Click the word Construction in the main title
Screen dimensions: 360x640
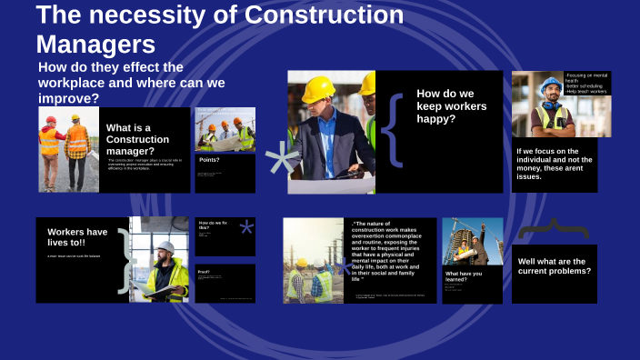pyautogui.click(x=325, y=15)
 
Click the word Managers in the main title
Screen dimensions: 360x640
pyautogui.click(x=95, y=44)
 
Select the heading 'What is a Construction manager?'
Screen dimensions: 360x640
pyautogui.click(x=137, y=139)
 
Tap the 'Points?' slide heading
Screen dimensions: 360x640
pyautogui.click(x=209, y=160)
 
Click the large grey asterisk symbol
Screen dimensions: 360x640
pyautogui.click(x=281, y=161)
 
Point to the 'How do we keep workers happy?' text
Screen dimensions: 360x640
pyautogui.click(x=452, y=105)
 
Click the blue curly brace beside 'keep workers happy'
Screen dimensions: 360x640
pyautogui.click(x=392, y=130)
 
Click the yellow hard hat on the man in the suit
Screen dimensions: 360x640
pyautogui.click(x=319, y=88)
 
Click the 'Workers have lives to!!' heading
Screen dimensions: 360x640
pyautogui.click(x=77, y=237)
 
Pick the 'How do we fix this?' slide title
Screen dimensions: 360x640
pyautogui.click(x=212, y=225)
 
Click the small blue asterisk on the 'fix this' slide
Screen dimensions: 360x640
pyautogui.click(x=246, y=228)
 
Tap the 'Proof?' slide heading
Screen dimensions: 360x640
pyautogui.click(x=205, y=272)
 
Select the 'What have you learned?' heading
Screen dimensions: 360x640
pyautogui.click(x=464, y=275)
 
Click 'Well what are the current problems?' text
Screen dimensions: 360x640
pyautogui.click(x=555, y=265)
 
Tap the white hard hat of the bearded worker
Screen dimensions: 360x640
pyautogui.click(x=166, y=247)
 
